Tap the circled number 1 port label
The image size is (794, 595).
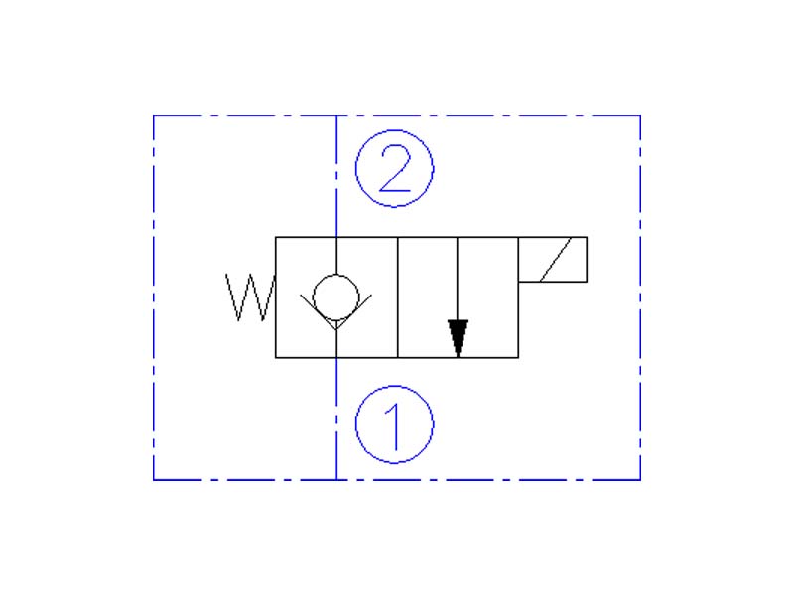pyautogui.click(x=395, y=424)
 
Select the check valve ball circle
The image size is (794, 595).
pyautogui.click(x=336, y=295)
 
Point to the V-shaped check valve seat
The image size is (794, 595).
pyautogui.click(x=336, y=317)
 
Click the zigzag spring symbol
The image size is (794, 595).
pyautogui.click(x=248, y=297)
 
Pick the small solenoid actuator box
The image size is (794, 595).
pyautogui.click(x=553, y=260)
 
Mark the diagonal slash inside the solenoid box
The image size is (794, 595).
pyautogui.click(x=553, y=260)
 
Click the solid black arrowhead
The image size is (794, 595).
pyautogui.click(x=458, y=337)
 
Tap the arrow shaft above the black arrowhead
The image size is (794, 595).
pyautogui.click(x=458, y=278)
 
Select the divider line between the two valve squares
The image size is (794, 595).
pyautogui.click(x=397, y=297)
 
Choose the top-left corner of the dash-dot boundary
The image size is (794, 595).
pyautogui.click(x=154, y=116)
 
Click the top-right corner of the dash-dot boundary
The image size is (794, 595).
pyautogui.click(x=640, y=116)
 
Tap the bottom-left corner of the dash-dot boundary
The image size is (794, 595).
pyautogui.click(x=154, y=480)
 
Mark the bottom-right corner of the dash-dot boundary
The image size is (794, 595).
pyautogui.click(x=640, y=480)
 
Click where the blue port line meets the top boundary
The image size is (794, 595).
pyautogui.click(x=336, y=116)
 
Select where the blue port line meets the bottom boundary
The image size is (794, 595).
pyautogui.click(x=336, y=480)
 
